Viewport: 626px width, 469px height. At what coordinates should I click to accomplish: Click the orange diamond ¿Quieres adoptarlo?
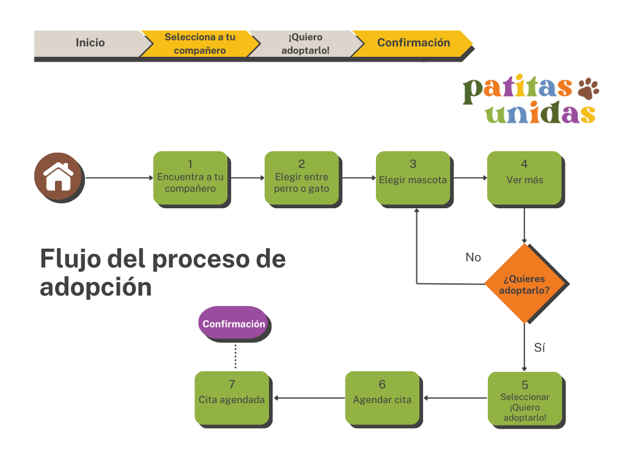click(524, 283)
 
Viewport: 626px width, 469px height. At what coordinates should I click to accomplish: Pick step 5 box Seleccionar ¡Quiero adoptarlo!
click(525, 399)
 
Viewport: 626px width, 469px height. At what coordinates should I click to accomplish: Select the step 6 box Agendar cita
click(382, 398)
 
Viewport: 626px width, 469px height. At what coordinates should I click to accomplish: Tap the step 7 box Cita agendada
click(232, 398)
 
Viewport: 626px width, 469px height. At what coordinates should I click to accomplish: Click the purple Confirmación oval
click(234, 324)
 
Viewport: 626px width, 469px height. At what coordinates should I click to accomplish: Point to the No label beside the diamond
click(473, 257)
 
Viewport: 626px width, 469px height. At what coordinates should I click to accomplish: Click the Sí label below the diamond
click(539, 348)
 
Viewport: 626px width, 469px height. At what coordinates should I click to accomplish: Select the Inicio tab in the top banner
click(90, 43)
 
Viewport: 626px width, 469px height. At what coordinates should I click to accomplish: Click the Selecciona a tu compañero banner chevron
click(199, 43)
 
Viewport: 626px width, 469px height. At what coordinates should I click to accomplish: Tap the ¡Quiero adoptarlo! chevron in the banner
click(304, 43)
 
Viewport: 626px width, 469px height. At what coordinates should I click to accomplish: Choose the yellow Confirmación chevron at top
click(413, 43)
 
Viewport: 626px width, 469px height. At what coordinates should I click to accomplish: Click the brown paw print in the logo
click(587, 89)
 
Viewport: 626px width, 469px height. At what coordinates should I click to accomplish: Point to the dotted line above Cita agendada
click(235, 354)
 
